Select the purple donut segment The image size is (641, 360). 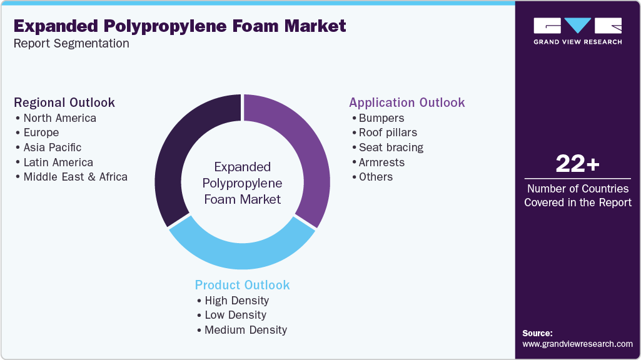click(300, 150)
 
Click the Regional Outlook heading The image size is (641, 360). click(64, 102)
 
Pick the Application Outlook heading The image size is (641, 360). click(406, 102)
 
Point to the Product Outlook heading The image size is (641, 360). click(242, 285)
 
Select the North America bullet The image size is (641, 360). click(59, 118)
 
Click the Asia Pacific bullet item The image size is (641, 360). click(53, 147)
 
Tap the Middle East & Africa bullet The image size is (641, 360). click(75, 177)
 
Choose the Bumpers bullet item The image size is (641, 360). click(381, 118)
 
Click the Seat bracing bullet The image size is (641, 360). click(391, 147)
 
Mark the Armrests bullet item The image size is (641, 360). click(381, 162)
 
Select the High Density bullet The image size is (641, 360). click(236, 301)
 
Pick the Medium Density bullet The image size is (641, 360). click(246, 330)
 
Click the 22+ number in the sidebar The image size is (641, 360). click(577, 164)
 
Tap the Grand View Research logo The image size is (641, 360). click(577, 31)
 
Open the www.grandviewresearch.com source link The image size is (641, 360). click(577, 344)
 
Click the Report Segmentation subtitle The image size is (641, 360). click(71, 44)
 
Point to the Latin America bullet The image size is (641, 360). click(58, 162)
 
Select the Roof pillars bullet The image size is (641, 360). click(388, 132)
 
